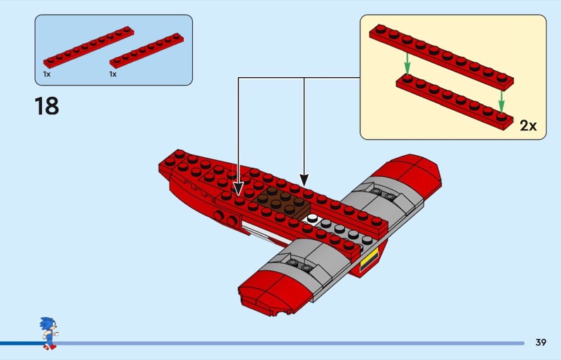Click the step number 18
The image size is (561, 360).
[x=46, y=106]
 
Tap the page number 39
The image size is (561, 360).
[x=540, y=342]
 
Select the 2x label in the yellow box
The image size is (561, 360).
[x=528, y=126]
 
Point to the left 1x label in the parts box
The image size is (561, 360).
[x=46, y=74]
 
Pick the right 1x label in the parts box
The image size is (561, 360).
[x=113, y=74]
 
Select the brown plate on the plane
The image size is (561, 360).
[x=285, y=201]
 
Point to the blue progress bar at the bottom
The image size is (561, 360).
[x=280, y=343]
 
